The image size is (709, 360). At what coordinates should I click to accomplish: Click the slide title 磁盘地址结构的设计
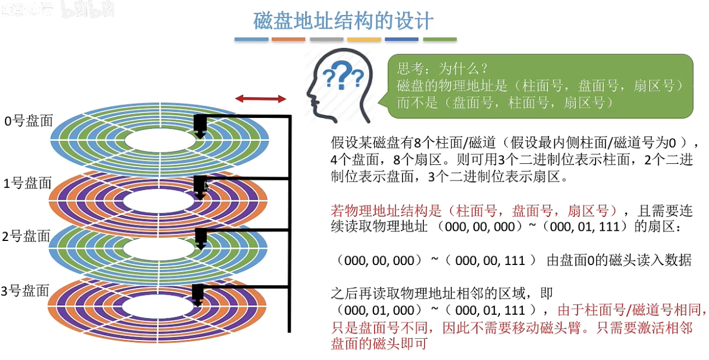coord(343,21)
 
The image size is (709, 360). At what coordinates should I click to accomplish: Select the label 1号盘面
coord(27,183)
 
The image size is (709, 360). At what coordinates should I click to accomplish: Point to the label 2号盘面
coord(26,236)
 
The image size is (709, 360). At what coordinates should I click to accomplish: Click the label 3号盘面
coord(26,291)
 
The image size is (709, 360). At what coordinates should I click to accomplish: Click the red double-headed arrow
coord(261,99)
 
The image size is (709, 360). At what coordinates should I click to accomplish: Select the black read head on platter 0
coord(200,126)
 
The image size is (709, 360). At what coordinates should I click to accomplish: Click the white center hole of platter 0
coord(160,140)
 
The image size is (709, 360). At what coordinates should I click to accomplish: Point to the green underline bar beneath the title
coord(439,40)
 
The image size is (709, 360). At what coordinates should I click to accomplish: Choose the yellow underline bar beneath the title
coord(364,40)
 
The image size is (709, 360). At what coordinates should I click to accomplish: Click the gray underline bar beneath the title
coord(326,40)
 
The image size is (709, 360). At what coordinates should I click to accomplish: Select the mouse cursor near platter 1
coord(206,186)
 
